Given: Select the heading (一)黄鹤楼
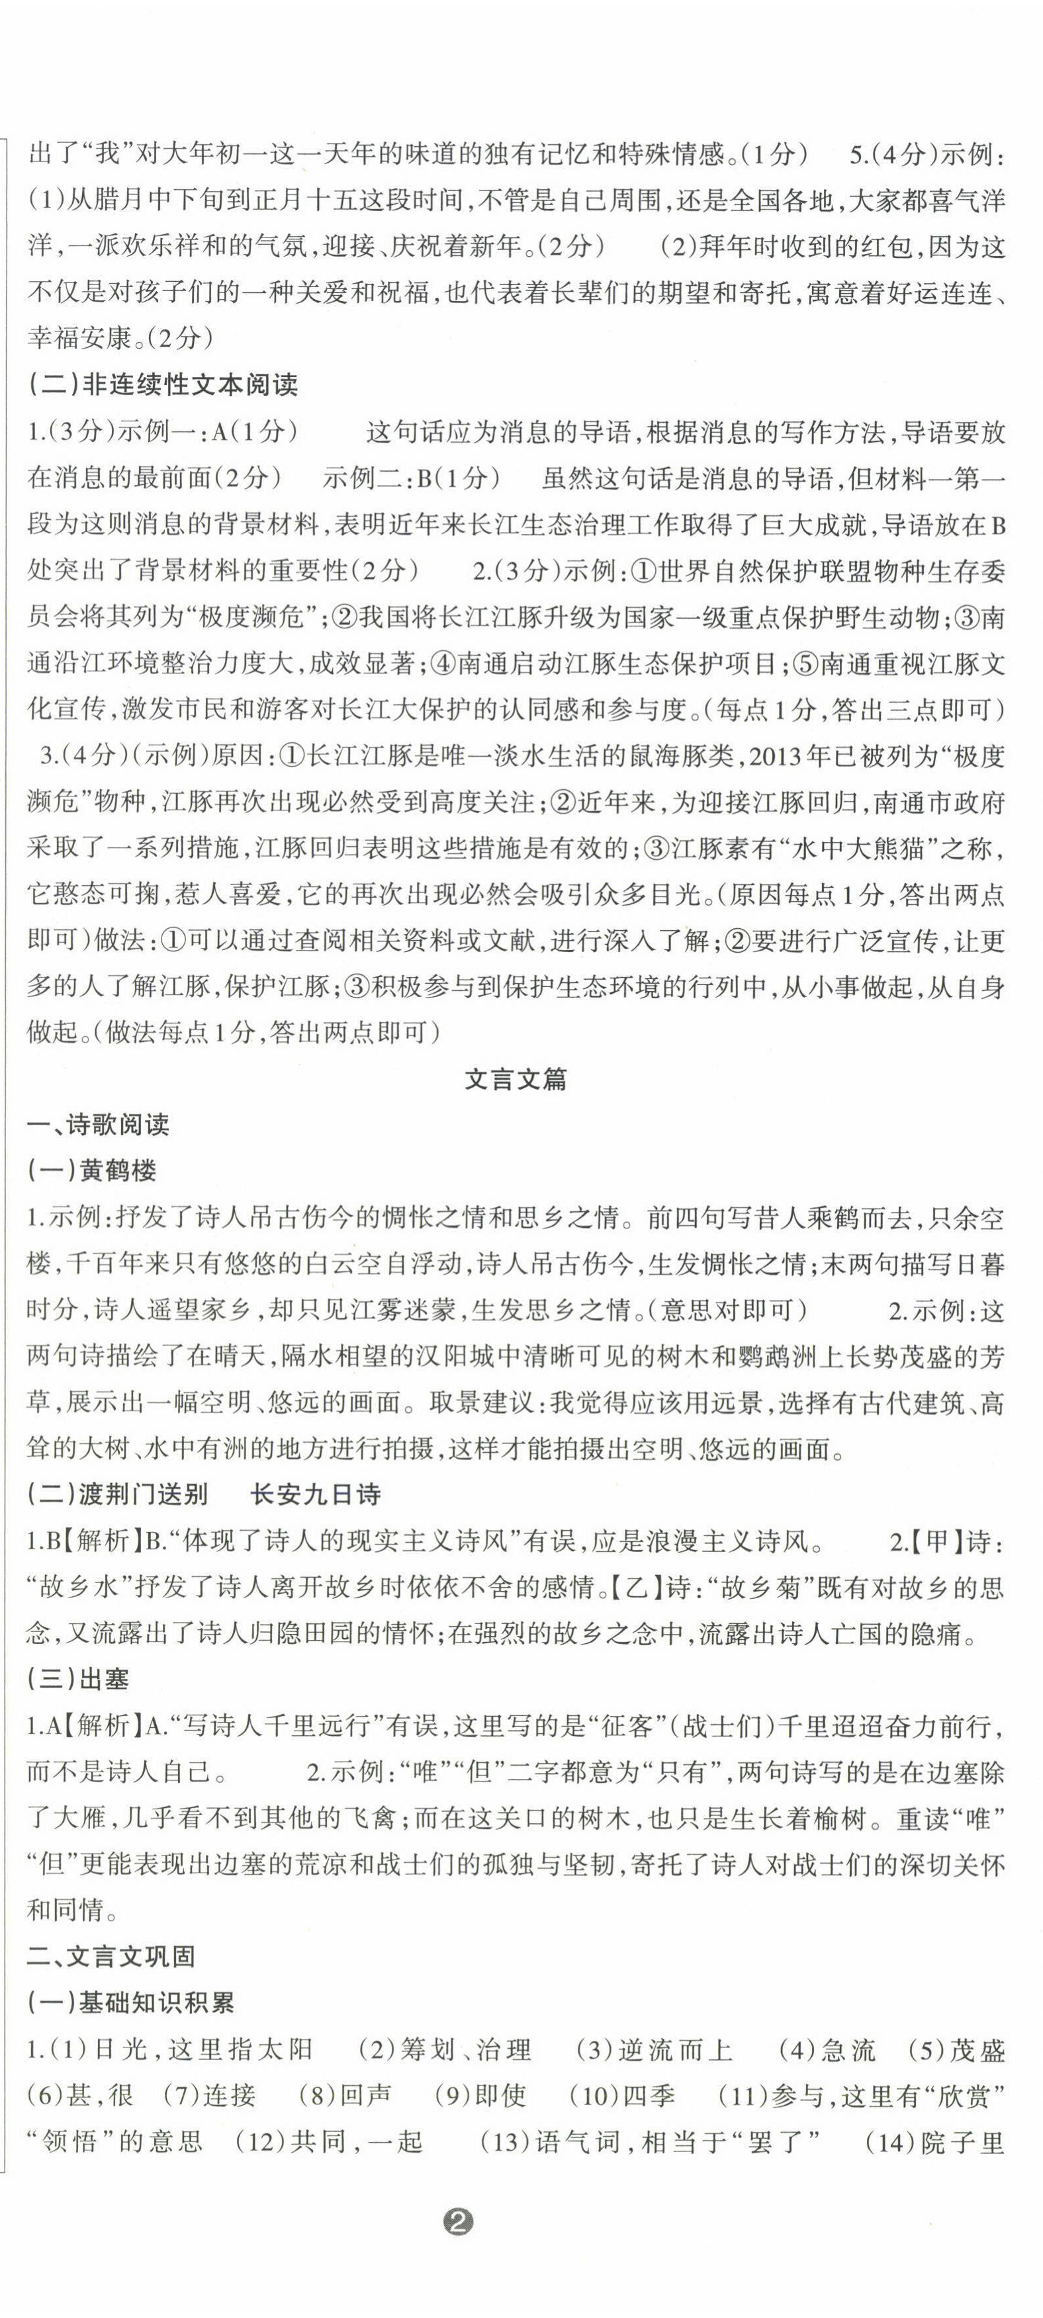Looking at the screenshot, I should (x=93, y=1171).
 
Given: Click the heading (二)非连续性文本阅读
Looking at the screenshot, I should (x=163, y=385).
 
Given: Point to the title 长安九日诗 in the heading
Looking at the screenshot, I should (x=315, y=1494).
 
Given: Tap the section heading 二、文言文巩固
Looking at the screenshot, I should (x=111, y=1956).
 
